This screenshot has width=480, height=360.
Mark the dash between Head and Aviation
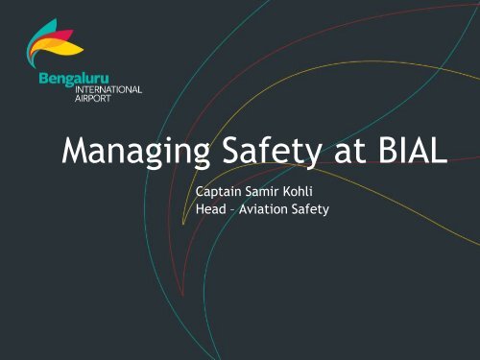(x=235, y=210)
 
